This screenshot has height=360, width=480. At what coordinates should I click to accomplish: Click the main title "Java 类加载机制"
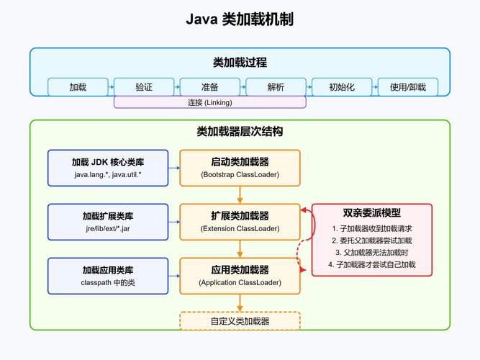coord(240,19)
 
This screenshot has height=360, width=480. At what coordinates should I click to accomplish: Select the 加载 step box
coord(78,87)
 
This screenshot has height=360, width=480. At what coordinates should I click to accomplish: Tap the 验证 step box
coord(144,87)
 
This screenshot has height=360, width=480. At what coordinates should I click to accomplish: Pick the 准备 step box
coord(209,87)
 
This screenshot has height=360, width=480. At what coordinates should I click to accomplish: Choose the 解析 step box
coord(276,87)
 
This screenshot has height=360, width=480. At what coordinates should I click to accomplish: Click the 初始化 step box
coord(342,87)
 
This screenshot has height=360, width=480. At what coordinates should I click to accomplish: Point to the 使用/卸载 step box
coord(407,87)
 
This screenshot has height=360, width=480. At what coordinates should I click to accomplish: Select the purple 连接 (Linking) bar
coord(209,103)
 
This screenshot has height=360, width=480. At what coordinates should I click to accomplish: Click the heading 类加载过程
coord(240,63)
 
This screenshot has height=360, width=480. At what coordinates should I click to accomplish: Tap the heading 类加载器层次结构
coord(240,132)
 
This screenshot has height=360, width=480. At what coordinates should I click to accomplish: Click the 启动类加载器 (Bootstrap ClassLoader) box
coord(240,168)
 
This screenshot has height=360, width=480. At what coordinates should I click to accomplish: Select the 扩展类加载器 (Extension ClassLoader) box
coord(240,222)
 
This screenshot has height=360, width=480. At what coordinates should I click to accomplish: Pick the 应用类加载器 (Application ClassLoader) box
coord(240,276)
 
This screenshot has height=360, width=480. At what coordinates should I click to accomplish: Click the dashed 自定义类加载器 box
coord(240,320)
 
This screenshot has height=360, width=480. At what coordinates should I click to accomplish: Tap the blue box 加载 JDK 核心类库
coord(108,168)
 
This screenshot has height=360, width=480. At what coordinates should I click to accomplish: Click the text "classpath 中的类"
coord(108,283)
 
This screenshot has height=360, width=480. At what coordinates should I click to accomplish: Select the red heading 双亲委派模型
coord(372,213)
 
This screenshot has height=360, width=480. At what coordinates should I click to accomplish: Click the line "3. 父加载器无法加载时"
coord(372,253)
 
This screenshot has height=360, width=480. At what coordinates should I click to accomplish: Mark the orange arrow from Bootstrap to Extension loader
coord(240,194)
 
